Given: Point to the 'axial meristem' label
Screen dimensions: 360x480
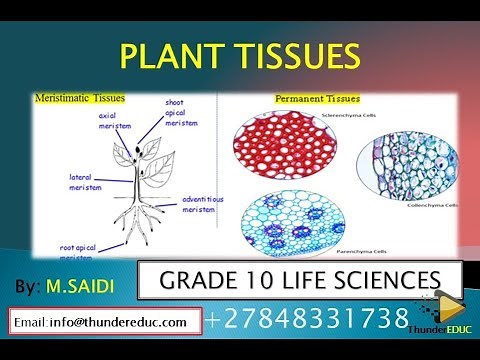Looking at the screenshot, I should (x=115, y=120).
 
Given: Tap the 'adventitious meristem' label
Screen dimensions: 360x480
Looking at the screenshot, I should (x=204, y=203).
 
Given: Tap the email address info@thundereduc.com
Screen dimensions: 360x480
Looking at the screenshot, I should (x=103, y=321).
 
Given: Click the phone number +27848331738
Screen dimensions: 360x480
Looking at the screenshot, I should (x=308, y=320).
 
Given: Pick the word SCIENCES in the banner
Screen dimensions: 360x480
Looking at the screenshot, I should (x=396, y=278).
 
